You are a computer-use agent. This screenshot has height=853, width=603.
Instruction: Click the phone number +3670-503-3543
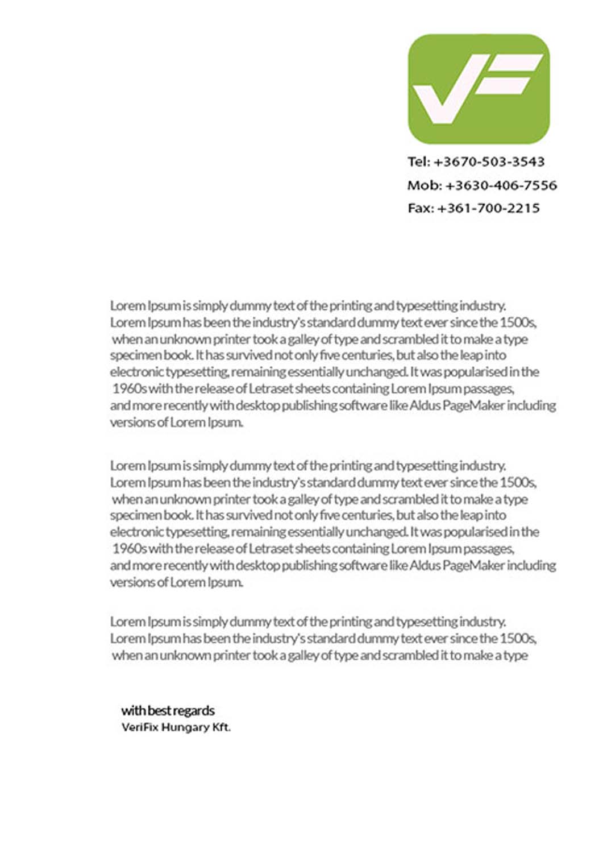click(x=489, y=162)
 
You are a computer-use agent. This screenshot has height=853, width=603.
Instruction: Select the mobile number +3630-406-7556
click(x=501, y=185)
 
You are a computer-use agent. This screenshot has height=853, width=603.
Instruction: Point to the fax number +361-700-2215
click(x=488, y=208)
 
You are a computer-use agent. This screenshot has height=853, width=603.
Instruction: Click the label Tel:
click(x=418, y=162)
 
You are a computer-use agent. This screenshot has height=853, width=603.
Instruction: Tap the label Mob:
click(x=424, y=185)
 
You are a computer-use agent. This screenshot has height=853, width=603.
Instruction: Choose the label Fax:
click(x=420, y=208)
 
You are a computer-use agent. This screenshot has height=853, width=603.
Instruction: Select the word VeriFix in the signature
click(x=140, y=727)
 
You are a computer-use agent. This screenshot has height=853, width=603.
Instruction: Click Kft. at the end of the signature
click(x=222, y=727)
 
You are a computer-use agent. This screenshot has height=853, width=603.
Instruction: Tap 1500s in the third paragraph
click(x=517, y=638)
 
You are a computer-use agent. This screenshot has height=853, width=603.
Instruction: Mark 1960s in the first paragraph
click(x=129, y=389)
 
